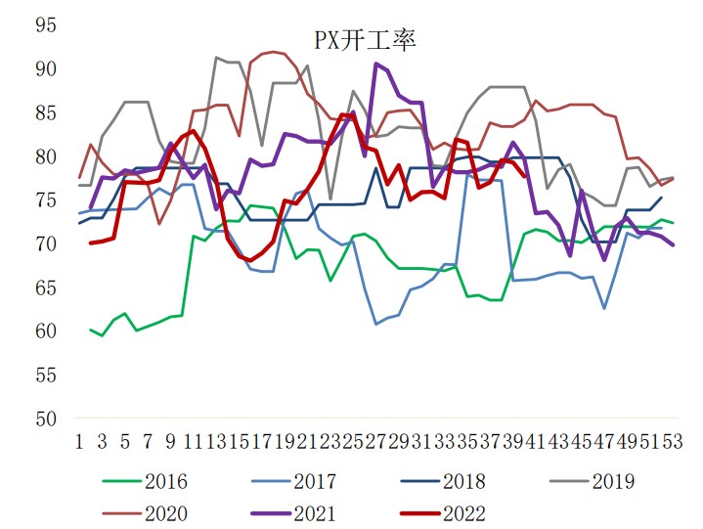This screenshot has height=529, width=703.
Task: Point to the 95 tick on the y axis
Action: pyautogui.click(x=46, y=24)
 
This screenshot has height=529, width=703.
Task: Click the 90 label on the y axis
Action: pyautogui.click(x=46, y=68)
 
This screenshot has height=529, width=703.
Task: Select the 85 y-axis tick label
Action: pyautogui.click(x=46, y=112)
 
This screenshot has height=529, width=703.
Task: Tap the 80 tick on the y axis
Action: pyautogui.click(x=46, y=156)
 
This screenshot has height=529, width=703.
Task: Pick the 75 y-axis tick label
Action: pyautogui.click(x=46, y=199)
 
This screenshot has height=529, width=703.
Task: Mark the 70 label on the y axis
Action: pyautogui.click(x=46, y=243)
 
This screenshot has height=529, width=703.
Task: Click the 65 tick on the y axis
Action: pyautogui.click(x=46, y=287)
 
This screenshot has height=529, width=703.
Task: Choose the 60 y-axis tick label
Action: pyautogui.click(x=46, y=331)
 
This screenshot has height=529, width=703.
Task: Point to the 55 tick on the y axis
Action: pyautogui.click(x=46, y=375)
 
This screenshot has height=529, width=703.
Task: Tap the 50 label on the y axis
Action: pyautogui.click(x=46, y=419)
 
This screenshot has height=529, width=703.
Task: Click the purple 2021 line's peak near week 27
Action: pyautogui.click(x=376, y=64)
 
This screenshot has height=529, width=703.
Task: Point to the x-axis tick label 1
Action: pyautogui.click(x=79, y=442)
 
